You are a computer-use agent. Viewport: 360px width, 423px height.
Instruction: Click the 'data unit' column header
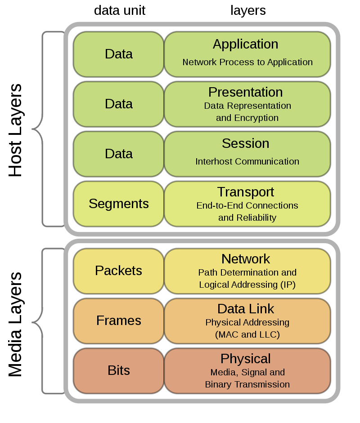(x=119, y=10)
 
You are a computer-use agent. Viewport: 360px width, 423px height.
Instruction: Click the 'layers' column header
(x=248, y=10)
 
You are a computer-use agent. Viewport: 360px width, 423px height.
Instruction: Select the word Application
(x=246, y=44)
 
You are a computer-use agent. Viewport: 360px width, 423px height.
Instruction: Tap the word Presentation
(x=246, y=92)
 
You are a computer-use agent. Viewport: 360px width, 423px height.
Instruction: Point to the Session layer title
(x=246, y=143)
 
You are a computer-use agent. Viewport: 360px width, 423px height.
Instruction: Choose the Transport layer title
(x=246, y=192)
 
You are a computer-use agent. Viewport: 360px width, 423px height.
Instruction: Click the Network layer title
(x=246, y=259)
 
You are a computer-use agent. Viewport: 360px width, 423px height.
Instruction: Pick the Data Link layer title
(x=246, y=309)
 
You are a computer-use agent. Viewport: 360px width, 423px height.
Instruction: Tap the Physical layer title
(x=246, y=359)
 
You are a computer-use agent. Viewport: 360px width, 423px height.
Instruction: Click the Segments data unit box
(x=119, y=204)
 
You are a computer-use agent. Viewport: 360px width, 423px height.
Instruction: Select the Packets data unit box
(x=119, y=271)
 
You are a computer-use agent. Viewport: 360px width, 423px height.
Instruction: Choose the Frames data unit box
(x=119, y=321)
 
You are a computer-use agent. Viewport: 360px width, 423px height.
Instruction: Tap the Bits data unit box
(x=119, y=370)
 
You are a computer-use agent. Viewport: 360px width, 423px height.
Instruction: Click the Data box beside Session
(x=119, y=154)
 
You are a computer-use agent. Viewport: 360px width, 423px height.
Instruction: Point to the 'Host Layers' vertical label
(x=15, y=130)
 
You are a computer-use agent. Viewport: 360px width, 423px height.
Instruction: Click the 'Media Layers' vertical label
(x=15, y=324)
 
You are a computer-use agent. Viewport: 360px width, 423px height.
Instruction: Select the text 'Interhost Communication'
(x=247, y=161)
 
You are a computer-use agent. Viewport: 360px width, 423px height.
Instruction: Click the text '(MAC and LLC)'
(x=247, y=334)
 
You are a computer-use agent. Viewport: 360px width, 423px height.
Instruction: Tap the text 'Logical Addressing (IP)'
(x=247, y=285)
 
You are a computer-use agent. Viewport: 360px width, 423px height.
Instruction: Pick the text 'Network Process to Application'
(x=247, y=62)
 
